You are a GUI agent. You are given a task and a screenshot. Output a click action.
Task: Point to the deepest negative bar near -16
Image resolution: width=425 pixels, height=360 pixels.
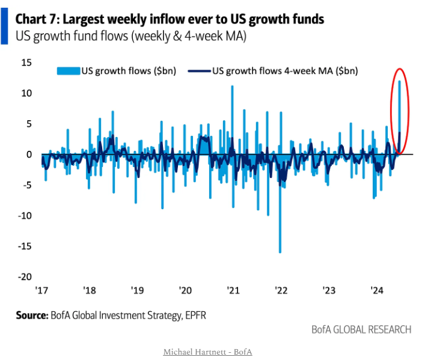point(280,240)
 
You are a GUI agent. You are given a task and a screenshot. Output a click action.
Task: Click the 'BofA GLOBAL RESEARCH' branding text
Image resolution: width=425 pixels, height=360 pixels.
point(361,329)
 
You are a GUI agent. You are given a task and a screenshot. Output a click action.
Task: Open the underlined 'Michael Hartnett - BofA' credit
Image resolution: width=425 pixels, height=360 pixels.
point(207,351)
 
